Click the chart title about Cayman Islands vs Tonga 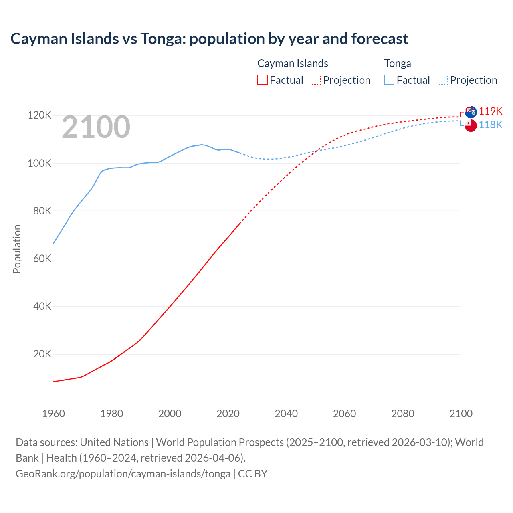click(209, 39)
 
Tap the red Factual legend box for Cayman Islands click(262, 80)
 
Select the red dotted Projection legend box click(316, 80)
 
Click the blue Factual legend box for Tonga click(389, 80)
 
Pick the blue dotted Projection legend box click(443, 80)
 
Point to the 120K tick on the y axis click(40, 115)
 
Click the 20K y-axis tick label click(42, 354)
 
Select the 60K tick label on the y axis click(42, 259)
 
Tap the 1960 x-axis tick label click(53, 414)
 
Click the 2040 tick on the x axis click(286, 414)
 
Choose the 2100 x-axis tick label click(461, 414)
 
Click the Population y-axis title click(17, 249)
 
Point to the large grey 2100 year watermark click(96, 127)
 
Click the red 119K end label click(491, 111)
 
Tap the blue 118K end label click(491, 125)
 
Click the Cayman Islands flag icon click(471, 112)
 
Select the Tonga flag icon click(471, 125)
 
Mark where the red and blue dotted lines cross click(317, 151)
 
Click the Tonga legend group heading click(398, 63)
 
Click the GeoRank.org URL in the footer click(123, 474)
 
